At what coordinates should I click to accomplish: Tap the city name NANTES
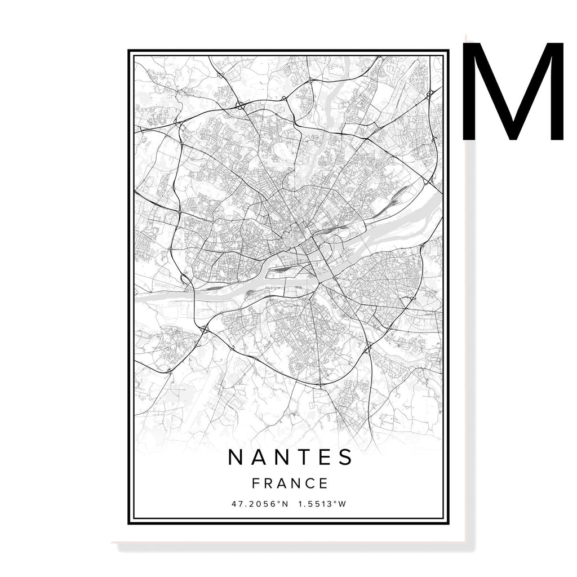[x=290, y=458]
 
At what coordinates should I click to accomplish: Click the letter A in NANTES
[x=259, y=458]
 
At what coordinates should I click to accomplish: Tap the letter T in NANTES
[x=301, y=458]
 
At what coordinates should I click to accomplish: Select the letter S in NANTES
[x=345, y=458]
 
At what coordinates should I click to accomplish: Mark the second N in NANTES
[x=280, y=458]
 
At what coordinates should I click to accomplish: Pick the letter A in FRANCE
[x=282, y=483]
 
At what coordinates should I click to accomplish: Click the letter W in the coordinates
[x=341, y=503]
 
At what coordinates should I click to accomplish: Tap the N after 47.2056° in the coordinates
[x=285, y=503]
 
